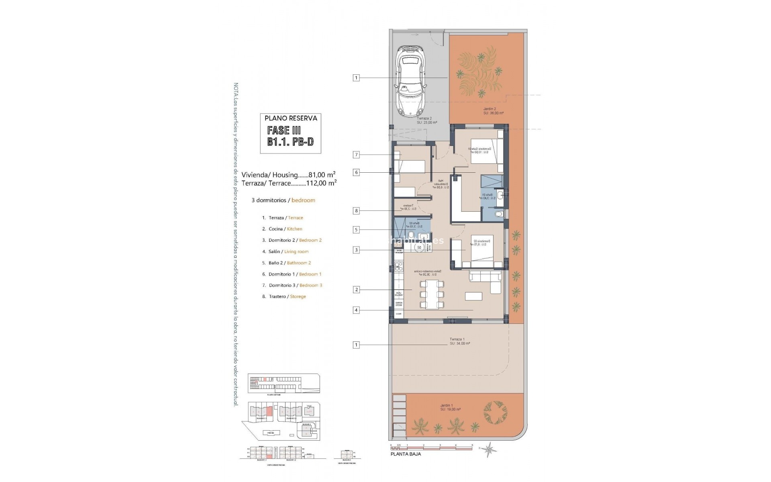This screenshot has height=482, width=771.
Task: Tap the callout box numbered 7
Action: (356, 155)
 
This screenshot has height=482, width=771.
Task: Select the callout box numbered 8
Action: (356, 210)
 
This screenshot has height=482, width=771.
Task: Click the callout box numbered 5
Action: (356, 230)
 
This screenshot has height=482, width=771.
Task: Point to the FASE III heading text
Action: (284, 130)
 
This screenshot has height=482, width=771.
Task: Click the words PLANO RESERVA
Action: (291, 118)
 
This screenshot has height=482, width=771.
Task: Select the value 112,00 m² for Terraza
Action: (321, 183)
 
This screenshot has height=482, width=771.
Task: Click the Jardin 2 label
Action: (490, 109)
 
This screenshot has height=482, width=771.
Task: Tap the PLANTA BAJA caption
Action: (406, 454)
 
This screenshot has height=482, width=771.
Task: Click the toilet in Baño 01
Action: (498, 214)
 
